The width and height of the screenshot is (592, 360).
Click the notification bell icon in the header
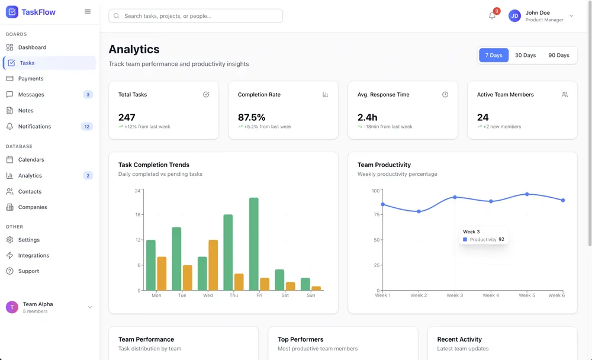[x=492, y=16]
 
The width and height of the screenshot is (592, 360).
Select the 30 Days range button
[x=525, y=55]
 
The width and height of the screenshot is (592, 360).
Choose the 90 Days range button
[x=559, y=55]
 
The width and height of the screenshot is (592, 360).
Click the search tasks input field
[x=195, y=16]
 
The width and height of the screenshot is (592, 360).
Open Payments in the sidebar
[x=31, y=79]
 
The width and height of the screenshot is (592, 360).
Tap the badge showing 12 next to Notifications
[x=87, y=127]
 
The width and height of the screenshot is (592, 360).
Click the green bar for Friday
[x=254, y=244]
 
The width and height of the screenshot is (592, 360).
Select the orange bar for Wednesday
[x=213, y=265]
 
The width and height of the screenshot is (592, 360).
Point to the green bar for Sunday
[x=305, y=284]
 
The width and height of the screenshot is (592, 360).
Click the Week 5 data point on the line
[x=527, y=194]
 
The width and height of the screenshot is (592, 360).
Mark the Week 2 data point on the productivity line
[x=419, y=211]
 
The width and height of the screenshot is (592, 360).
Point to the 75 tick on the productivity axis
[x=376, y=216]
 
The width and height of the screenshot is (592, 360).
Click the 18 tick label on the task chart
[x=137, y=215]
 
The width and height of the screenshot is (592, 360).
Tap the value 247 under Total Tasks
[x=127, y=117]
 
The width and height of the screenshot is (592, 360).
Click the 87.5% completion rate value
[x=252, y=117]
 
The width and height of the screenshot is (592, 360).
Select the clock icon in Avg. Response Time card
[x=445, y=95]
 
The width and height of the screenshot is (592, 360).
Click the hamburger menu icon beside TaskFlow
[x=88, y=12]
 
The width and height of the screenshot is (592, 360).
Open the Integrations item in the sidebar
[x=34, y=256]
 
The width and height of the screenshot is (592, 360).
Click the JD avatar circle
[x=514, y=16]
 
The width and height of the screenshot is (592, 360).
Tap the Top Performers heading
[x=301, y=339]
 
